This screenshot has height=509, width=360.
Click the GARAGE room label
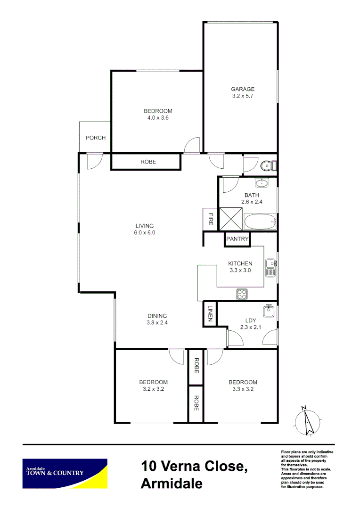pyautogui.click(x=242, y=89)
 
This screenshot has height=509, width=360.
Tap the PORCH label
pyautogui.click(x=95, y=138)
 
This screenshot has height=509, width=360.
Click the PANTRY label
pyautogui.click(x=237, y=239)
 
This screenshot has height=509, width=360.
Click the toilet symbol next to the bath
pyautogui.click(x=267, y=165)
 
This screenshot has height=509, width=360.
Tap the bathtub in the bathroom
pyautogui.click(x=260, y=221)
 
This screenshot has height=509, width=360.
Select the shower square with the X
pyautogui.click(x=230, y=219)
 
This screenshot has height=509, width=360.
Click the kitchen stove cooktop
pyautogui.click(x=242, y=294)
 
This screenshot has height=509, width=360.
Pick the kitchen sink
pyautogui.click(x=270, y=267)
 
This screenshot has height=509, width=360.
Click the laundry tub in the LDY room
pyautogui.click(x=269, y=312)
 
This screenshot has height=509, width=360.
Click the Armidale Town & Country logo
pyautogui.click(x=65, y=473)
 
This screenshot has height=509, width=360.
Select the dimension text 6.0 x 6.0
pyautogui.click(x=145, y=232)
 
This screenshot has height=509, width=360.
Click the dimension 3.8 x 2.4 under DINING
pyautogui.click(x=157, y=323)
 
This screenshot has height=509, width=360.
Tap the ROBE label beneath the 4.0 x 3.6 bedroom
pyautogui.click(x=148, y=162)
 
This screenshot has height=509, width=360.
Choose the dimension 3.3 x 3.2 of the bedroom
pyautogui.click(x=243, y=389)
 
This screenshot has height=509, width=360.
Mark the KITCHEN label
pyautogui.click(x=240, y=263)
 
